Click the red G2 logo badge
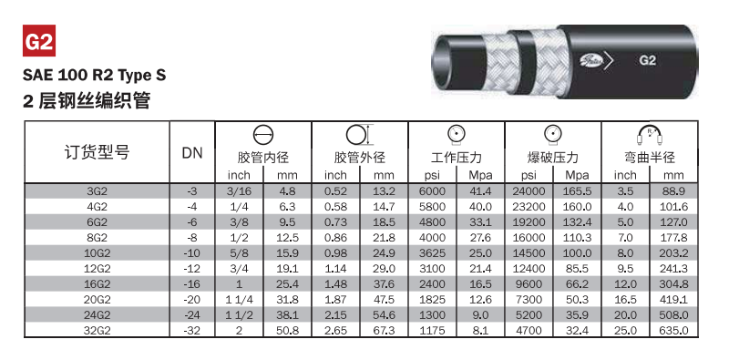coord(39,40)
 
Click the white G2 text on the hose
coord(647,61)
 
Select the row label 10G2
coord(97,253)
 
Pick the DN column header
coord(192,153)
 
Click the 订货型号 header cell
coord(97,152)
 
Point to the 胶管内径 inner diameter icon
coord(263,136)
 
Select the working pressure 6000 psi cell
coord(432,191)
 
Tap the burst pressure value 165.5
coord(578,191)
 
